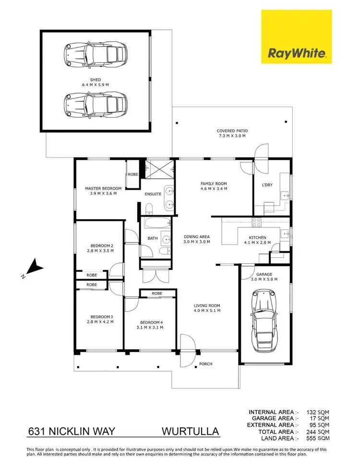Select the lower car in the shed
pyautogui.click(x=96, y=105)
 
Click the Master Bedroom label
pyautogui.click(x=103, y=188)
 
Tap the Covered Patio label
pyautogui.click(x=232, y=131)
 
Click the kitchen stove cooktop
pyautogui.click(x=257, y=222)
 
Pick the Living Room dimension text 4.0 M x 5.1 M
pyautogui.click(x=207, y=311)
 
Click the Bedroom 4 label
pyautogui.click(x=151, y=322)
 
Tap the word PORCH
pyautogui.click(x=205, y=364)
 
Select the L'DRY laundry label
pyautogui.click(x=267, y=185)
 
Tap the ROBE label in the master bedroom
pyautogui.click(x=132, y=175)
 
